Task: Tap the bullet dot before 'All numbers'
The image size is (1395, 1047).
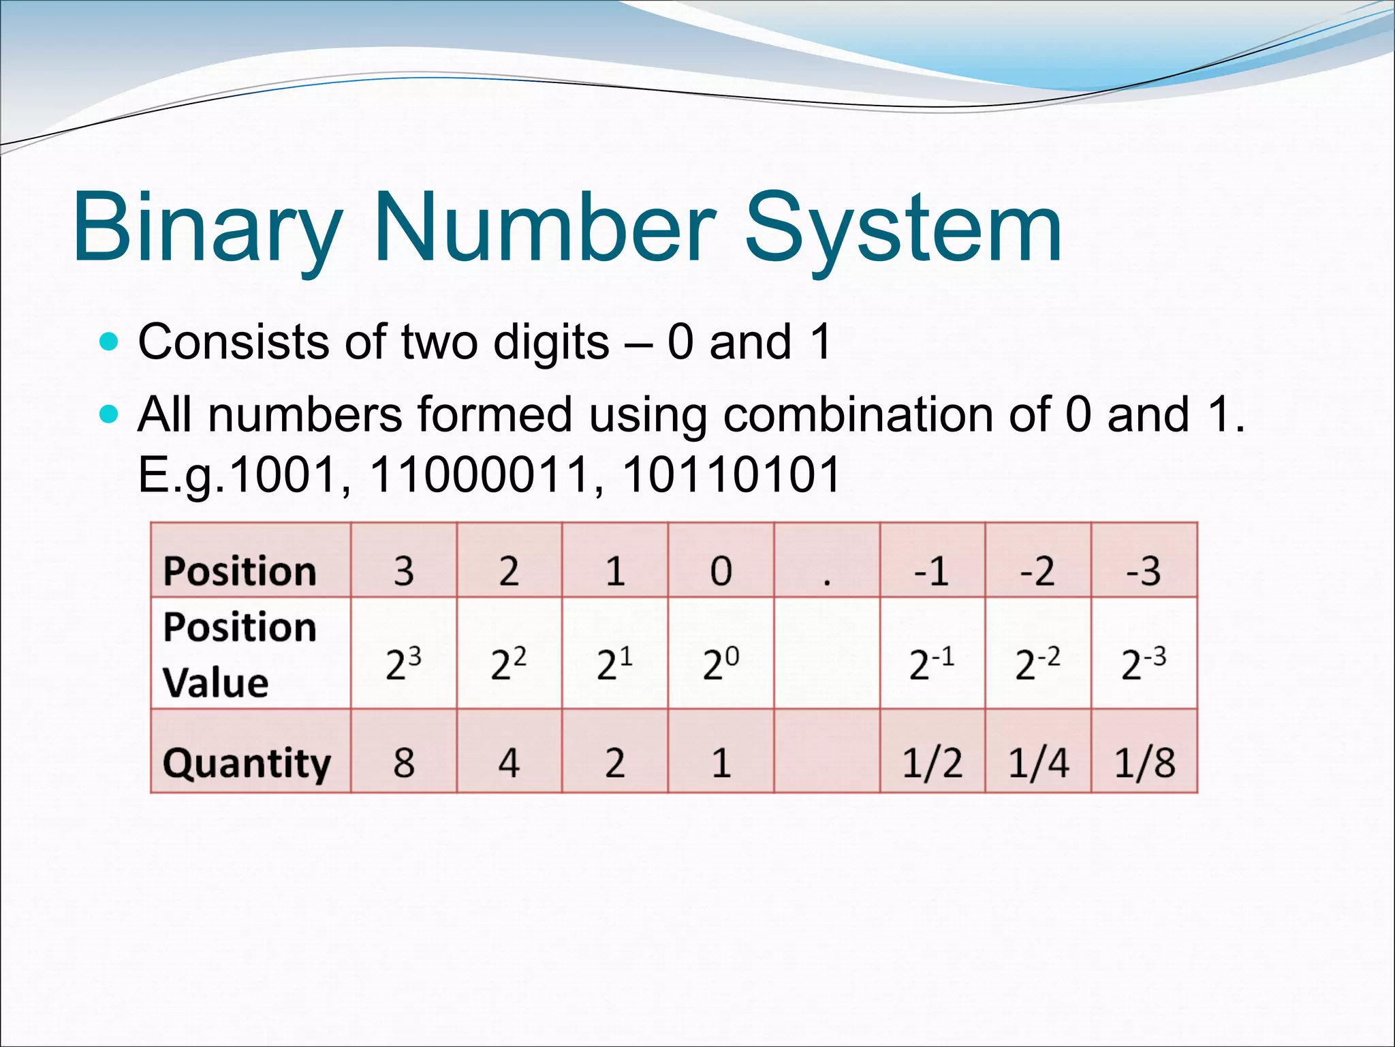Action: click(108, 414)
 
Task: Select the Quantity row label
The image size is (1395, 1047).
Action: click(247, 763)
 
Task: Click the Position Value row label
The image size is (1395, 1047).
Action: click(240, 654)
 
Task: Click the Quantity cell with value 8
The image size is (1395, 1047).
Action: click(404, 762)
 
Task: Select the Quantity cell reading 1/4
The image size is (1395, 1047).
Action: click(1038, 762)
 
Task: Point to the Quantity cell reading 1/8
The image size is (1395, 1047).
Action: click(1144, 762)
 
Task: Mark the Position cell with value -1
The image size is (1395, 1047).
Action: click(932, 571)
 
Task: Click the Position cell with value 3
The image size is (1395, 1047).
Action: click(404, 571)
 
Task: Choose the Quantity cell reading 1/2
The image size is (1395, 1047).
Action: click(932, 762)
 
